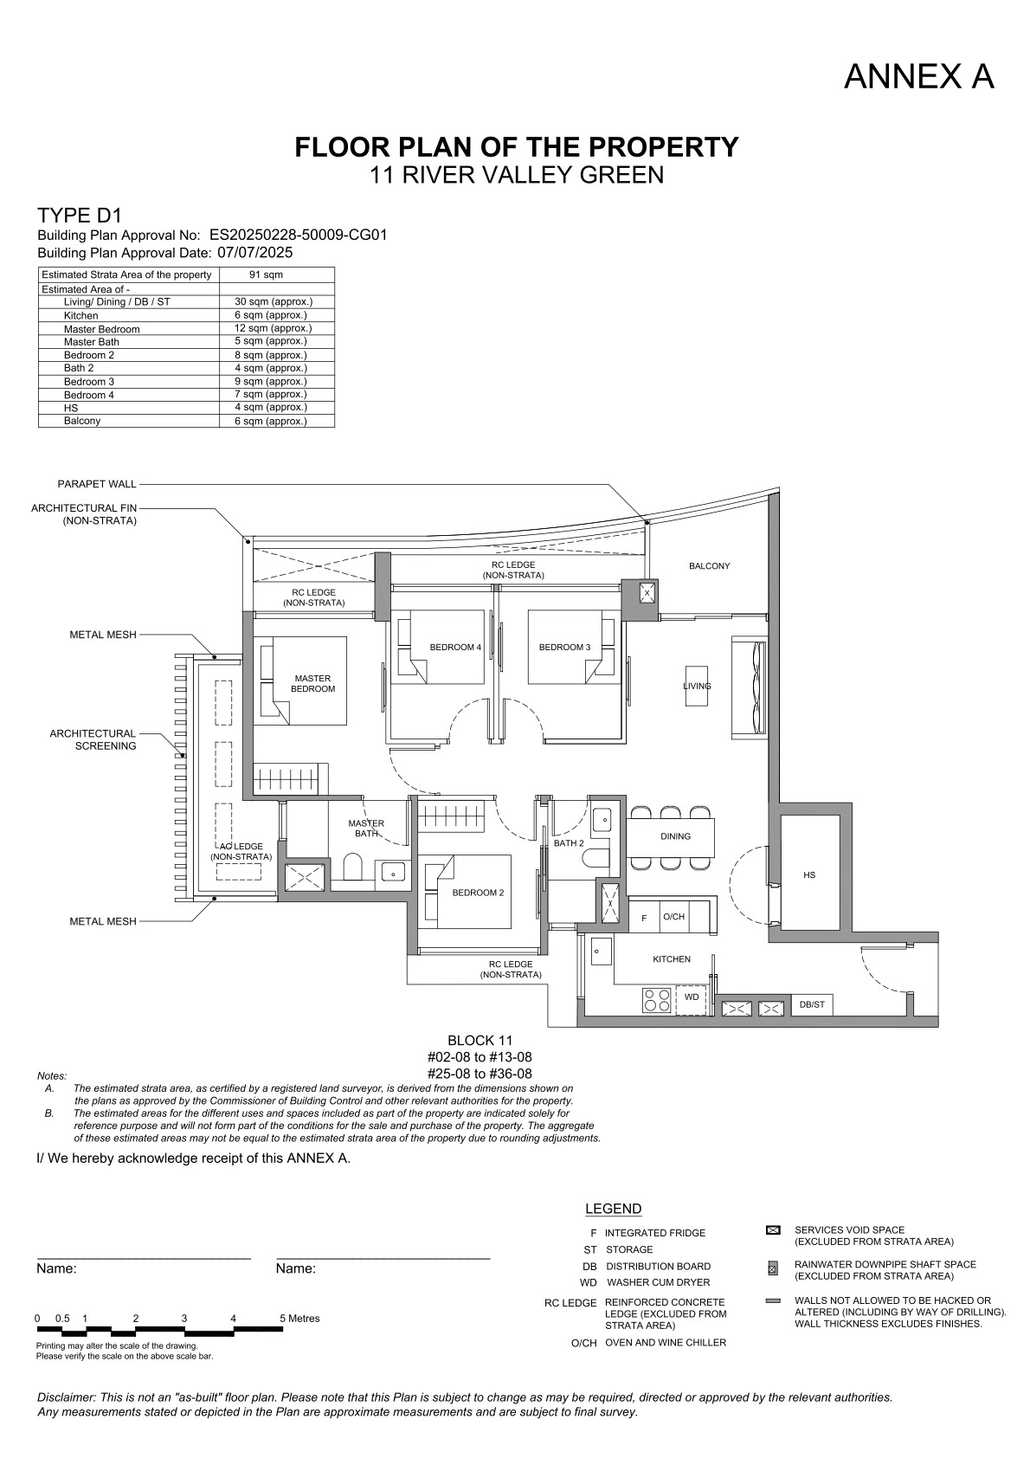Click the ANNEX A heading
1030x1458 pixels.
pos(918,77)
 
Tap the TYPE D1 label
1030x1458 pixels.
pos(80,215)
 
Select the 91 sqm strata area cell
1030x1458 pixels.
pos(266,274)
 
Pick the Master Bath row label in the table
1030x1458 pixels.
pos(92,342)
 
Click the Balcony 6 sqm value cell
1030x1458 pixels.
pos(271,421)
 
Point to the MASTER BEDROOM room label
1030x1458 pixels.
pos(313,683)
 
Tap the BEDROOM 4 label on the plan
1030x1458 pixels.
pos(455,647)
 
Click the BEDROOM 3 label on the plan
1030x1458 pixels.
pos(565,647)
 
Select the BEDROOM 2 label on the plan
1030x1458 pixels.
pos(479,893)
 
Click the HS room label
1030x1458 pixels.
pos(809,874)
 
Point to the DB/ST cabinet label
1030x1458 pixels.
pos(812,1004)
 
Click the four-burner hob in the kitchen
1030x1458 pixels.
pos(657,1000)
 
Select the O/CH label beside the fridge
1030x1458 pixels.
pos(674,917)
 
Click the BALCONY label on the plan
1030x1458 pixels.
pos(710,565)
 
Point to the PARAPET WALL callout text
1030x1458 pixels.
pos(97,484)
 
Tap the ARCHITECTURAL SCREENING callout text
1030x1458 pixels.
pos(93,739)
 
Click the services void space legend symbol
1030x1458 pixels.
pos(773,1230)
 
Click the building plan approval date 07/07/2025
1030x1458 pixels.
pos(255,253)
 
